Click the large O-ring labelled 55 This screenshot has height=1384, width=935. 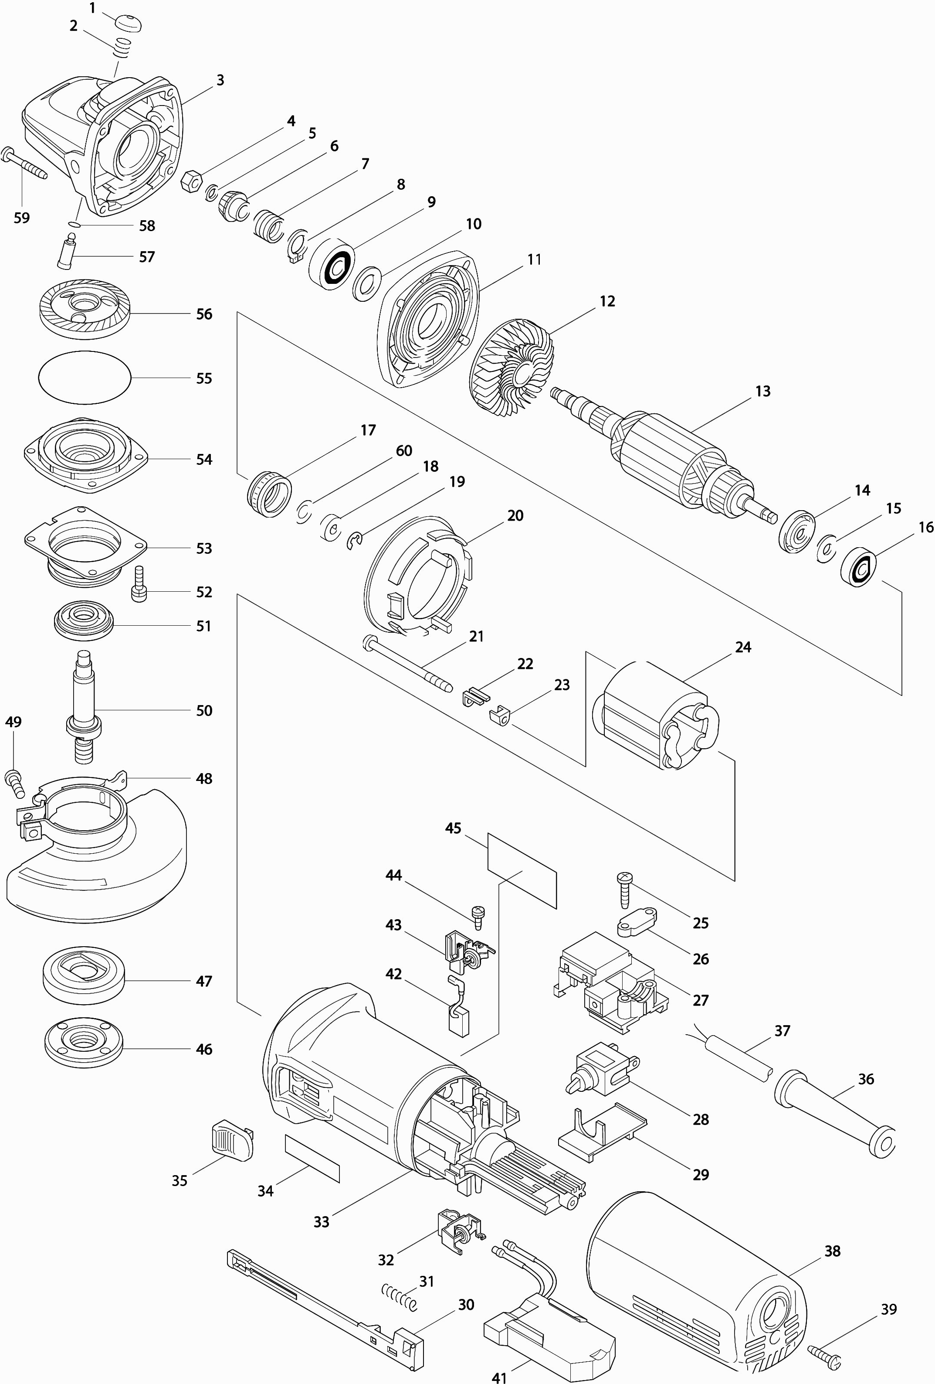(84, 377)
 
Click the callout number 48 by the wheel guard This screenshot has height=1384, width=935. (203, 778)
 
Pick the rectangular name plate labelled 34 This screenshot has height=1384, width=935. (312, 1158)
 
